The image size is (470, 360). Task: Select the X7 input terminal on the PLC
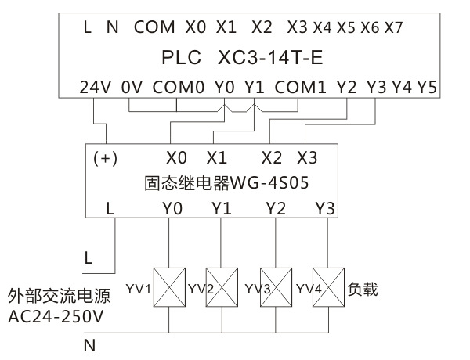pos(394,27)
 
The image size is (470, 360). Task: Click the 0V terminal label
pos(131,87)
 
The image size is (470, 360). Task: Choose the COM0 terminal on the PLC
pos(178,87)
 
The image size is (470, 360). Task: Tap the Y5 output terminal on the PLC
pos(427,87)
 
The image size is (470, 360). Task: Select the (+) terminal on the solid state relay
pos(105,157)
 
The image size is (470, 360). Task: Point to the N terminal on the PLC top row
pos(112,27)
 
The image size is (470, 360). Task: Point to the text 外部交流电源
pos(58,297)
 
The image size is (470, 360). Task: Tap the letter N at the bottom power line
pos(89,344)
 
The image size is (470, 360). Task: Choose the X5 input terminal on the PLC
pos(345,27)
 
